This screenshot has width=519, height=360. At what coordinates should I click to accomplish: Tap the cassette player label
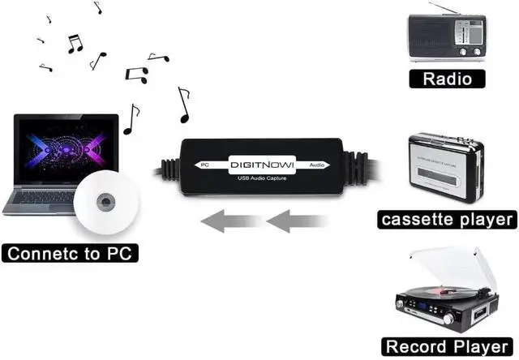[x=447, y=219]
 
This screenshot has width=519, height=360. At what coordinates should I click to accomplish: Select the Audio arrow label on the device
[x=319, y=164]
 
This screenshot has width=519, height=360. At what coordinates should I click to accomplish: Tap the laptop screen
[x=63, y=154]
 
